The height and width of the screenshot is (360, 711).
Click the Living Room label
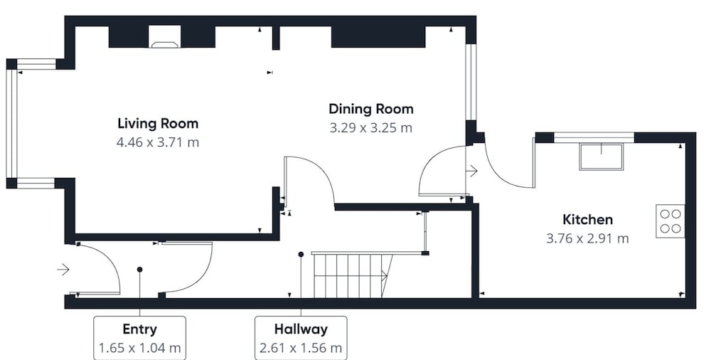click(x=158, y=124)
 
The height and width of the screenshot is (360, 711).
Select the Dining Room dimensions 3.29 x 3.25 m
click(x=371, y=128)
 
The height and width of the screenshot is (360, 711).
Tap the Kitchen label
click(x=588, y=220)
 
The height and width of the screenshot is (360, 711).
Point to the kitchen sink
click(x=602, y=157)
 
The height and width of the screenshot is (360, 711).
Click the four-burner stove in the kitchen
click(x=670, y=221)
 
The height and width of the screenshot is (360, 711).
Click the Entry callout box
click(x=139, y=338)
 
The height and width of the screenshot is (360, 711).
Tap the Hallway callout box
click(x=301, y=338)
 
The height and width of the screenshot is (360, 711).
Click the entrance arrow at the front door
click(x=63, y=270)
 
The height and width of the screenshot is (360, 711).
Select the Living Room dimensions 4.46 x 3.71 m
click(x=158, y=142)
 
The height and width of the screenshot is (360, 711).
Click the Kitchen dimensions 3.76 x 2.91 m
click(x=588, y=239)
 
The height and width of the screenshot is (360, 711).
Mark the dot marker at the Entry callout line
click(x=139, y=270)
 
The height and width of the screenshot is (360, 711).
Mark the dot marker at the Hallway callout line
click(x=301, y=255)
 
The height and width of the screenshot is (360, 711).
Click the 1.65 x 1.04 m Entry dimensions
click(x=139, y=349)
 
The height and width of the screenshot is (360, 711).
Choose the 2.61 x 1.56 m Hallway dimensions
click(x=301, y=349)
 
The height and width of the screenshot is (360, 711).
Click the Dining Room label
click(x=371, y=109)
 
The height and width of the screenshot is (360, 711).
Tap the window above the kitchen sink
click(x=594, y=137)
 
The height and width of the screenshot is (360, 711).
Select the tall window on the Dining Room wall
click(x=471, y=82)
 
